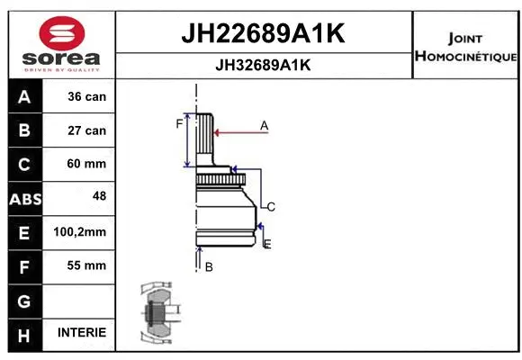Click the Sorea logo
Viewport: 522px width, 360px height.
point(60,42)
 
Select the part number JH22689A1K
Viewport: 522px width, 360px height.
point(264,33)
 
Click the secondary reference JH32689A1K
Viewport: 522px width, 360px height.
point(264,65)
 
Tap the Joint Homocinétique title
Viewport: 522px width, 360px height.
point(465,48)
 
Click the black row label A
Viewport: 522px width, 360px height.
point(24,97)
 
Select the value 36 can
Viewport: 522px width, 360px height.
point(86,97)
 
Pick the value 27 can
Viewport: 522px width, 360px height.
point(86,130)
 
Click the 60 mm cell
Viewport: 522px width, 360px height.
point(86,164)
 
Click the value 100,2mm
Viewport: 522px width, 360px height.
point(80,232)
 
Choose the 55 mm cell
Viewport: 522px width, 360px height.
point(86,265)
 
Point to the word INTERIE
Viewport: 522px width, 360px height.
point(81,332)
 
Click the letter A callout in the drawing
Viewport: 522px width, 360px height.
point(264,126)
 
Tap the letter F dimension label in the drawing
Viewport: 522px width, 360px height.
point(179,123)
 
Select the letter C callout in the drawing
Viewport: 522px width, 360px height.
point(270,207)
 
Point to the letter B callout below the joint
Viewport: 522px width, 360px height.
point(208,266)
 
